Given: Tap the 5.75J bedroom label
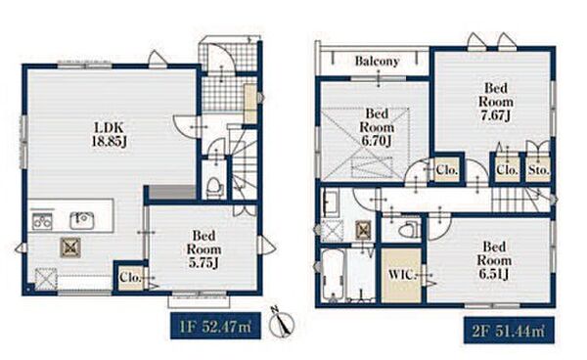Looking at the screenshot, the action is click(x=204, y=249).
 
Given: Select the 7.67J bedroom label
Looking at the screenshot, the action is click(x=496, y=102).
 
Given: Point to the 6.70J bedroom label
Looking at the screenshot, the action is click(x=377, y=127).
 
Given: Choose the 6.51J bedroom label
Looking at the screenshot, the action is click(x=494, y=260).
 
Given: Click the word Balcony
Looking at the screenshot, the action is click(x=377, y=61).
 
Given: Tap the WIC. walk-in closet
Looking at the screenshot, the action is click(x=402, y=275).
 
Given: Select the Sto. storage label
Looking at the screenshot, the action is click(x=539, y=170).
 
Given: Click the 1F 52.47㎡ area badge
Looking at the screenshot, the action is click(x=215, y=327).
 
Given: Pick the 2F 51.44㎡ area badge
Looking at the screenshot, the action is click(x=509, y=331).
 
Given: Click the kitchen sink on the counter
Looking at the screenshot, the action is click(x=81, y=220).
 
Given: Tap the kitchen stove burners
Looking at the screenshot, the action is click(x=42, y=221).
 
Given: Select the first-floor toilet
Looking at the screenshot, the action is click(x=213, y=187).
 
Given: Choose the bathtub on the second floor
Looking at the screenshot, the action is click(x=332, y=275).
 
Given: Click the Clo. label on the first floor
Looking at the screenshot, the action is click(x=130, y=278).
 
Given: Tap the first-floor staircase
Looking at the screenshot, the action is click(x=244, y=164).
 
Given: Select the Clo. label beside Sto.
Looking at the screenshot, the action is click(x=507, y=170).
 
